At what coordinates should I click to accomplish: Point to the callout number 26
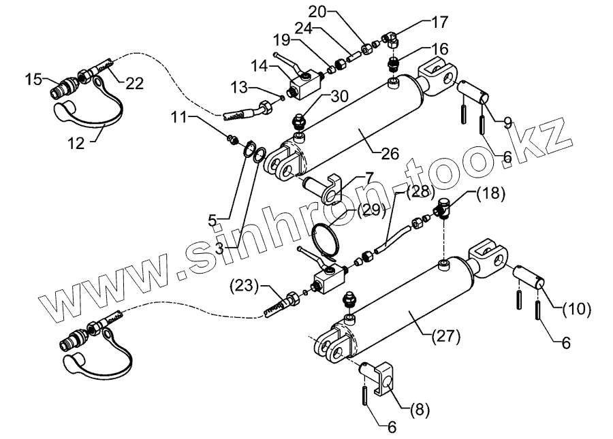389,154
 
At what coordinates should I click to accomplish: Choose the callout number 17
439,22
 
